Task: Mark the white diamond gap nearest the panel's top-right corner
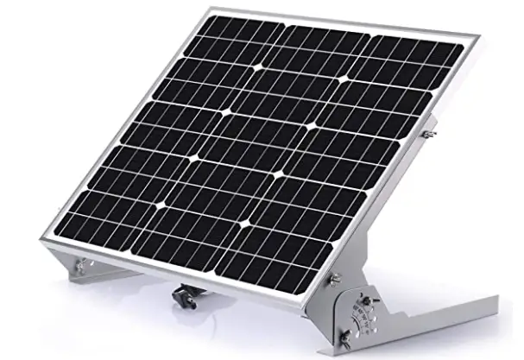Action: (x=345, y=79)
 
